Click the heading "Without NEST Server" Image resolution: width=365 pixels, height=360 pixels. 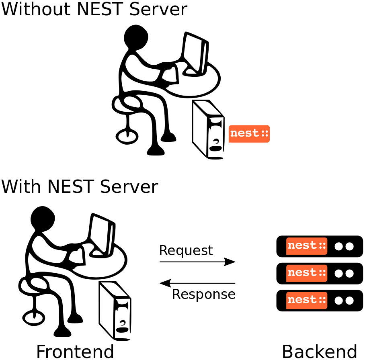click(94, 10)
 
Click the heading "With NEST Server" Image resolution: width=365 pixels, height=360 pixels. click(80, 187)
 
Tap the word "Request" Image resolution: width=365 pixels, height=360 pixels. click(186, 251)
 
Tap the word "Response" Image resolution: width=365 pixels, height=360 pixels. click(203, 295)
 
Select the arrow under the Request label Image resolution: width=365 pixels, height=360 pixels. click(197, 262)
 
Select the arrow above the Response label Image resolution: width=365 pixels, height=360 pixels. click(197, 283)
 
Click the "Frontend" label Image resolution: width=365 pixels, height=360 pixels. click(75, 352)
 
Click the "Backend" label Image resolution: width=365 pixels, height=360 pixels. click(320, 352)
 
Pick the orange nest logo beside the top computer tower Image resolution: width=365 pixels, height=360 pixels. click(249, 134)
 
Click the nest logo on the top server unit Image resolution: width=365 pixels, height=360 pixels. click(307, 246)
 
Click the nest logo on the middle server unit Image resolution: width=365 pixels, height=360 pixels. click(307, 273)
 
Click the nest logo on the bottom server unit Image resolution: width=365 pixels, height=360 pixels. click(307, 300)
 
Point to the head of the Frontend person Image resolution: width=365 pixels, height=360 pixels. click(43, 219)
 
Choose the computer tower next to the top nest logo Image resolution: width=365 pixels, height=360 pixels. click(208, 129)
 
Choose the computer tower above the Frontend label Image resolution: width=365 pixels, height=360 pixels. click(115, 311)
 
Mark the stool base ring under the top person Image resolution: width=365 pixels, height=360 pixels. click(127, 136)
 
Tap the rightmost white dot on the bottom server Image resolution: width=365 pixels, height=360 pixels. click(349, 301)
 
